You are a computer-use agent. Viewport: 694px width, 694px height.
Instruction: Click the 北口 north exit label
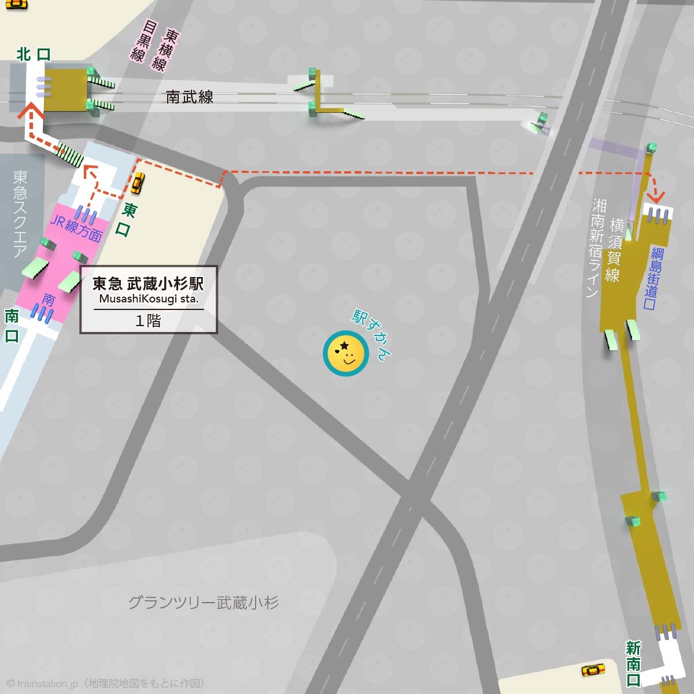[34, 54]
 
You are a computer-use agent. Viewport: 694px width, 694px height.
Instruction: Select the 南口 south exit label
[12, 326]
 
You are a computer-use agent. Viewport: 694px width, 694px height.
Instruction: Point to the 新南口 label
[634, 664]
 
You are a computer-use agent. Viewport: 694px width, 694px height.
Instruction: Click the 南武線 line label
[190, 97]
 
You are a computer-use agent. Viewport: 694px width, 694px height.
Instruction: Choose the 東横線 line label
[165, 50]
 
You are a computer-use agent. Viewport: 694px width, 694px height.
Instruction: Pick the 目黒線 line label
[142, 42]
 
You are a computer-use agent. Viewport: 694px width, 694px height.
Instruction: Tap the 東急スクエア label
[20, 213]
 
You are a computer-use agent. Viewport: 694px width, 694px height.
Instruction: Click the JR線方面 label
[76, 228]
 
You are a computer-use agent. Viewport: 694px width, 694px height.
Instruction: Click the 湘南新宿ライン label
[596, 248]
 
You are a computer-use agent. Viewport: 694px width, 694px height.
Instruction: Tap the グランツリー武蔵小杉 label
[203, 603]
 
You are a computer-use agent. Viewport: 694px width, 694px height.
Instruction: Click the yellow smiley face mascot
[346, 353]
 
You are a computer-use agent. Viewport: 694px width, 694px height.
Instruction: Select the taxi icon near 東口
[136, 183]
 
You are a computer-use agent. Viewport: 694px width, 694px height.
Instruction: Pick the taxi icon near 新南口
[593, 670]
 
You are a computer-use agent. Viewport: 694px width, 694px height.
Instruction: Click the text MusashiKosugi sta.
[149, 299]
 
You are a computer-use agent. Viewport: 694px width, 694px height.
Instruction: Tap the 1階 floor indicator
[148, 320]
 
